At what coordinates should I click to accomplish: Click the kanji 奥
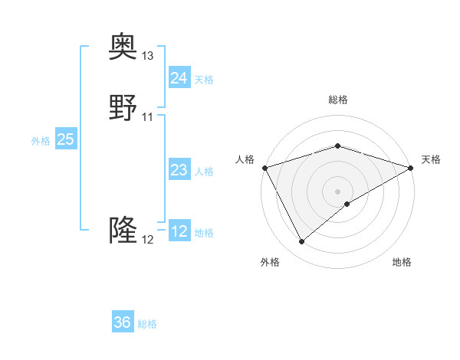click(123, 47)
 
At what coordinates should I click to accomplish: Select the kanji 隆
click(123, 231)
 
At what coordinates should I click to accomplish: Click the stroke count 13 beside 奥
click(148, 56)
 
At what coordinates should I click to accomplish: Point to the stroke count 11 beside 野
click(148, 117)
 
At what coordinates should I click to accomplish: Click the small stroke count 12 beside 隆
click(148, 240)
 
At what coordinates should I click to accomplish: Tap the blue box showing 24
click(179, 77)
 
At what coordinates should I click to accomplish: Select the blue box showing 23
click(179, 170)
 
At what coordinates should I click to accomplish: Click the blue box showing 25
click(65, 139)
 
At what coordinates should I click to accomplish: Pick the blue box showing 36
click(123, 322)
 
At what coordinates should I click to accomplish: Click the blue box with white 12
click(179, 231)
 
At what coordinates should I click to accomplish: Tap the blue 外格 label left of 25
click(41, 141)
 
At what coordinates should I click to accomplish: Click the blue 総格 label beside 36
click(147, 324)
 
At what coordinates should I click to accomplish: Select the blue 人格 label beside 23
click(204, 172)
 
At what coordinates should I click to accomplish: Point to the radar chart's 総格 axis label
click(338, 100)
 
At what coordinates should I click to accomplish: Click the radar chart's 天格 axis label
click(431, 159)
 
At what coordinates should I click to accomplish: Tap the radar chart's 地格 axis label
click(402, 262)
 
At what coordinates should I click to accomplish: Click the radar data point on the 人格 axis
click(264, 167)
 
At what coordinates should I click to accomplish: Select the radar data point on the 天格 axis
click(411, 167)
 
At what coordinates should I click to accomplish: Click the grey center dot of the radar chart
click(338, 191)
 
